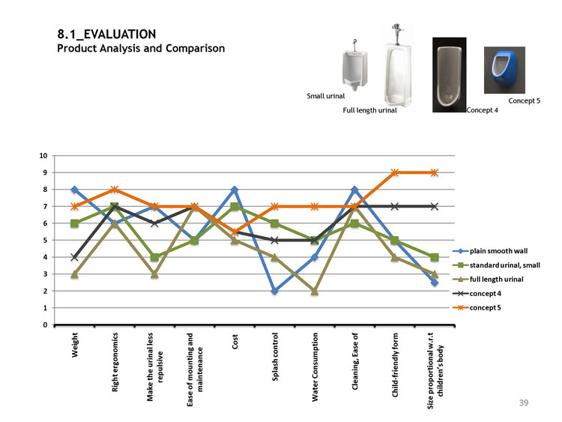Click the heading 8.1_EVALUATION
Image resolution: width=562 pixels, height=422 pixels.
click(x=106, y=34)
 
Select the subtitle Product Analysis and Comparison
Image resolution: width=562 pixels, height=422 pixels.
click(x=141, y=49)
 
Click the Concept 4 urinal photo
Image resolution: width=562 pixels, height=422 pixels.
click(x=450, y=73)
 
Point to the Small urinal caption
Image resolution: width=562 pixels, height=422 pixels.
click(x=326, y=96)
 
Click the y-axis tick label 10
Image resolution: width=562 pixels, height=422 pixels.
click(x=44, y=156)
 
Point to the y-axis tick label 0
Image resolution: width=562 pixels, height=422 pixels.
click(x=46, y=325)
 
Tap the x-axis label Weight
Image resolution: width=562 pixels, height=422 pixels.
click(x=76, y=348)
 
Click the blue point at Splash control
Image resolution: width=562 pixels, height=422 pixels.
click(x=275, y=291)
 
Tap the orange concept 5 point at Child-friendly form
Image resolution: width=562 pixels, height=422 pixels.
click(x=395, y=172)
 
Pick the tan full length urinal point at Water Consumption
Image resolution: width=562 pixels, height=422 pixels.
click(x=315, y=291)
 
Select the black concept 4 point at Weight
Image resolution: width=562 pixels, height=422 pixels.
click(x=74, y=257)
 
